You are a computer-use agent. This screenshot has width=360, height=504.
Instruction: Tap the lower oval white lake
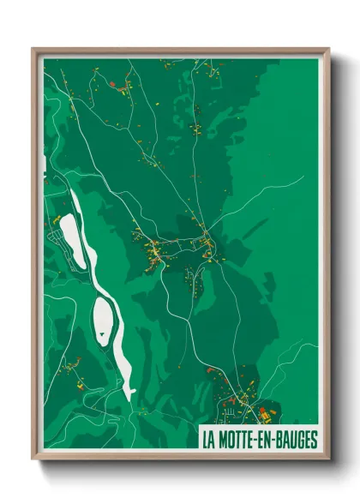(102, 320)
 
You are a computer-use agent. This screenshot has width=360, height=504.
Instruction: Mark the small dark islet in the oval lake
(104, 319)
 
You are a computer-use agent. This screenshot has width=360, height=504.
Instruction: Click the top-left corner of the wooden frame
(33, 49)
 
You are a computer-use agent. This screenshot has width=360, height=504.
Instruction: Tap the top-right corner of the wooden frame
(329, 49)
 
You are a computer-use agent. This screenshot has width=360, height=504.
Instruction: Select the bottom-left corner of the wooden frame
(33, 459)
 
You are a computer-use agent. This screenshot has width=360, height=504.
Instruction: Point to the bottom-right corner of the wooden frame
(329, 459)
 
